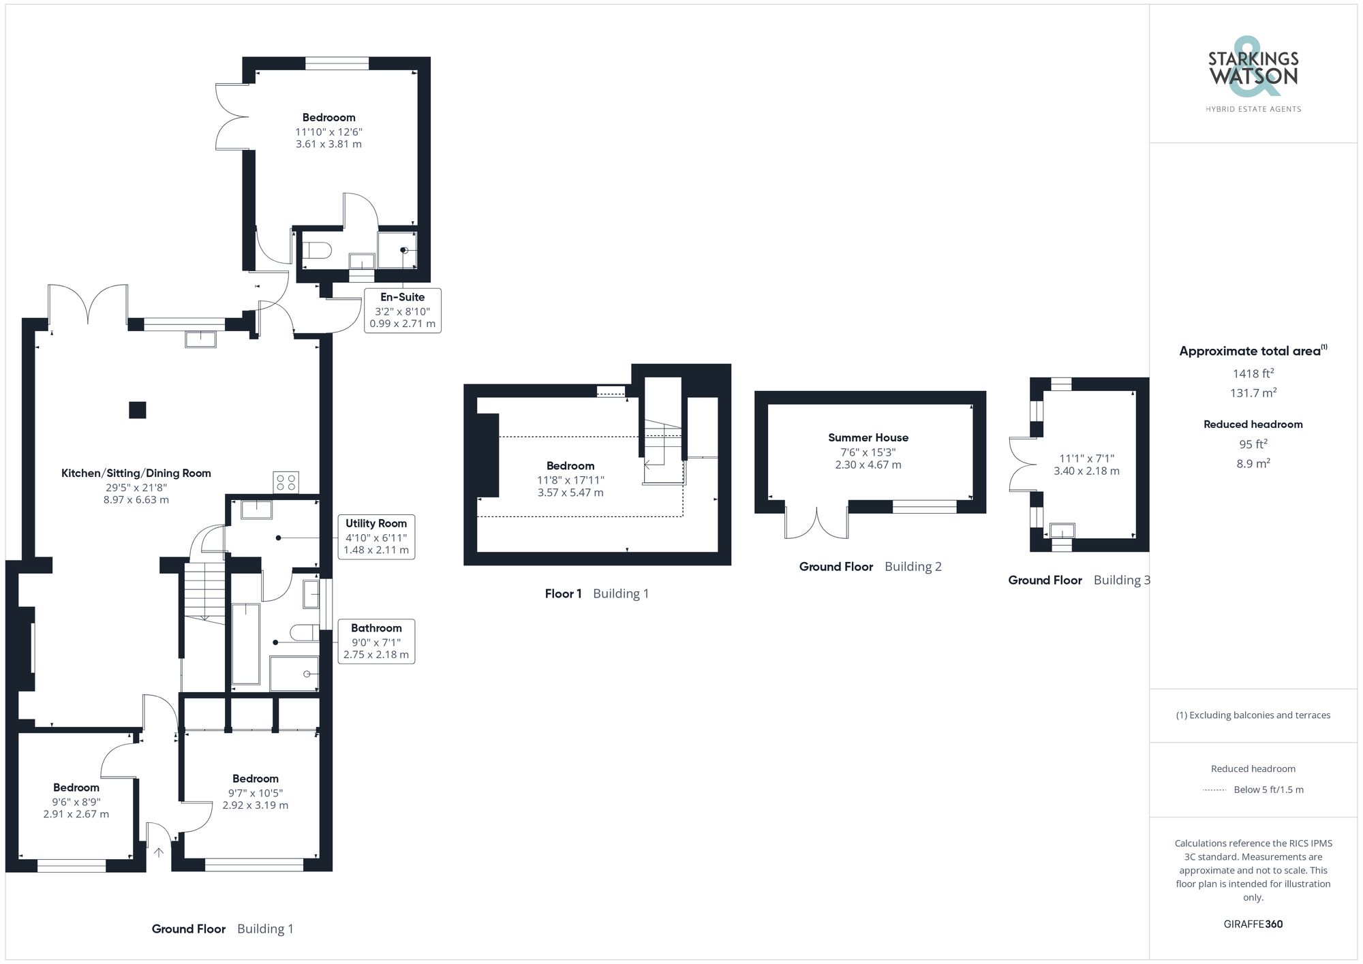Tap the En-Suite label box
(402, 310)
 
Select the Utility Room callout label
(376, 536)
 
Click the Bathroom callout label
(376, 641)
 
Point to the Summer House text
(868, 437)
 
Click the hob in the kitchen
(286, 482)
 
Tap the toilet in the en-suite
(316, 250)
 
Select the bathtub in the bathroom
(245, 644)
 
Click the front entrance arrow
(159, 852)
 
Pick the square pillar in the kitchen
(138, 410)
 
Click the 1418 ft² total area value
(1253, 373)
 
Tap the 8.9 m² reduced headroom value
(1253, 463)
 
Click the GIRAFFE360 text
(1253, 924)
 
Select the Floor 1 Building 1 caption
(596, 593)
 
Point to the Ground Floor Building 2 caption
(870, 567)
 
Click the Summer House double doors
(816, 522)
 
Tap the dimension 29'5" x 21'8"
(136, 487)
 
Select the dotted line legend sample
(1214, 790)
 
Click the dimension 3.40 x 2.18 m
(1086, 471)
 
